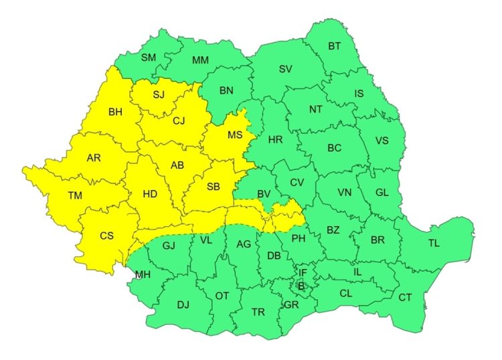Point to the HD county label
click(150, 194)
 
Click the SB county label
click(212, 187)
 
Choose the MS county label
click(234, 135)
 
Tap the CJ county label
click(179, 121)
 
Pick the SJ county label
click(158, 94)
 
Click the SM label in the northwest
click(148, 58)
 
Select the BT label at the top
click(334, 46)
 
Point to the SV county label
click(286, 69)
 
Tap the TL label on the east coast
click(434, 244)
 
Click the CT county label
click(405, 297)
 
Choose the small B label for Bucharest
click(301, 286)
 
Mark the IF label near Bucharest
click(303, 273)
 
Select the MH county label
click(143, 274)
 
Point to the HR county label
click(275, 141)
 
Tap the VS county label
click(382, 141)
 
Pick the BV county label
click(264, 194)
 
